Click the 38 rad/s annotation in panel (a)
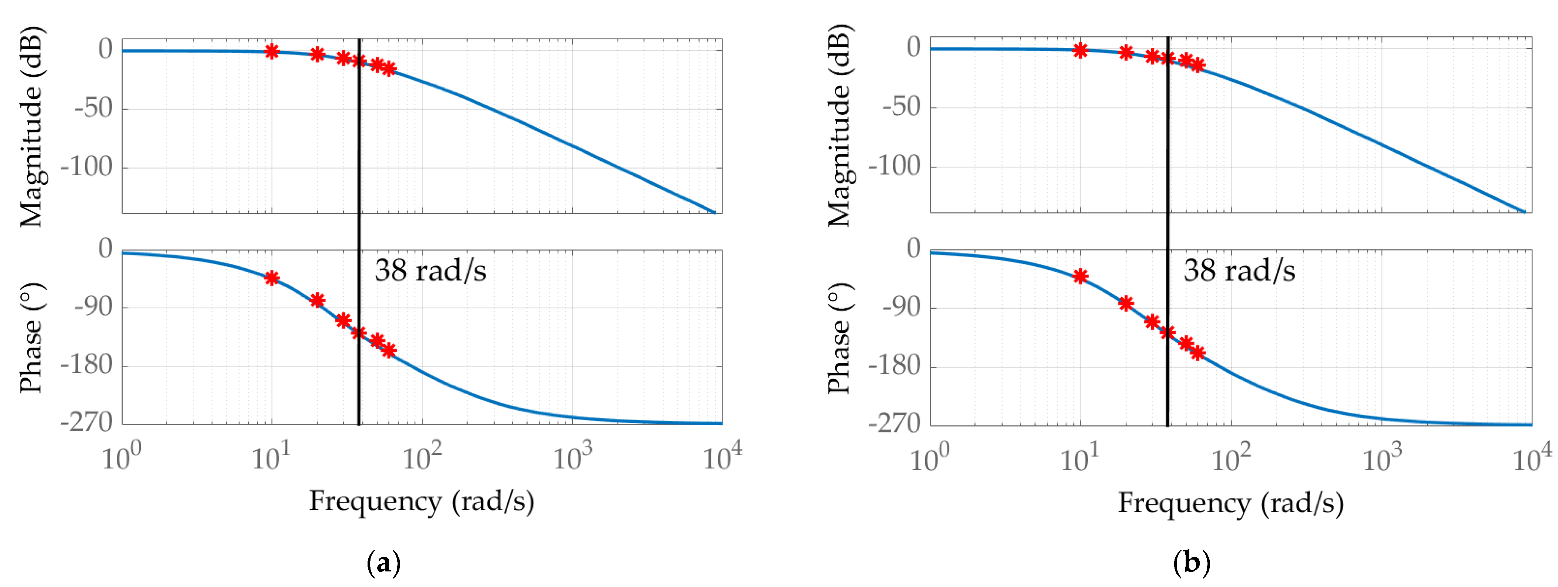pyautogui.click(x=430, y=271)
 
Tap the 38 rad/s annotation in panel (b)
pyautogui.click(x=1239, y=271)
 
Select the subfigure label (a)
pyautogui.click(x=383, y=563)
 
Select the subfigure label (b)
pyautogui.click(x=1192, y=563)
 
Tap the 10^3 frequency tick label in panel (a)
pyautogui.click(x=572, y=458)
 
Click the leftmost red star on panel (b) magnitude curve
pyautogui.click(x=1080, y=50)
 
